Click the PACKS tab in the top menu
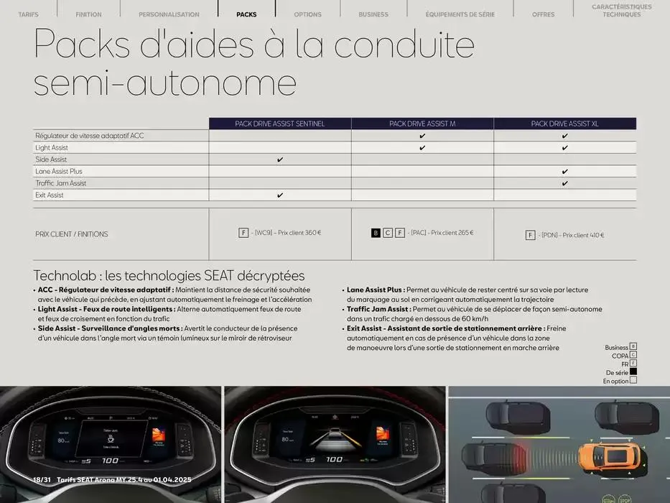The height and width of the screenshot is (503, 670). coord(246,14)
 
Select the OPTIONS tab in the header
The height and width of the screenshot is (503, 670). coord(307,14)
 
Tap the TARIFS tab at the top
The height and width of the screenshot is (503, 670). coord(28,14)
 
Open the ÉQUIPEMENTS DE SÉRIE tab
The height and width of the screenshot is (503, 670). coord(460,14)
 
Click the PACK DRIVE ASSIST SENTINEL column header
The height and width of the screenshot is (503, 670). coord(280,124)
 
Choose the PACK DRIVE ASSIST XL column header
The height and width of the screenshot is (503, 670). coord(564,124)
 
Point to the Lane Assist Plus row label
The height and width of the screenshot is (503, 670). coord(59,172)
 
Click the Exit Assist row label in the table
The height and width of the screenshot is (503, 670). coord(50,195)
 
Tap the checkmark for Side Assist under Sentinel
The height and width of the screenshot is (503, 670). coord(280,160)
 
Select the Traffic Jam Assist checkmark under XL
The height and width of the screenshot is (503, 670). coord(565,183)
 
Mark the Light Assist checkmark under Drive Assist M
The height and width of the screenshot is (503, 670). coord(422,148)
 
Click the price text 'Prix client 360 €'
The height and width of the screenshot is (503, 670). coord(299,233)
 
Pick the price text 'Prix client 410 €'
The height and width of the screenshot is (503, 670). coord(583,235)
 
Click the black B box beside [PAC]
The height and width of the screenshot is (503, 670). coord(376,233)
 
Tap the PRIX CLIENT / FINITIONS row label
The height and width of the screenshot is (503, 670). coord(72,234)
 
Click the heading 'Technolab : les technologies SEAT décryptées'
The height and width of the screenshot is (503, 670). coord(169,276)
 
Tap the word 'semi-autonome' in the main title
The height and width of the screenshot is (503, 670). coord(165,83)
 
